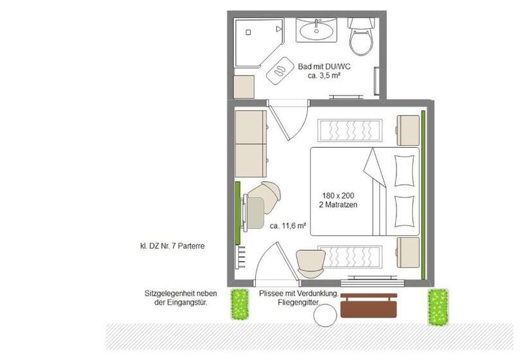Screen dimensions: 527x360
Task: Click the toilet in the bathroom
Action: (x=361, y=37)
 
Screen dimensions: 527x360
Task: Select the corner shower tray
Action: (x=259, y=42)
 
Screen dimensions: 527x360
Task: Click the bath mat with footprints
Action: (x=280, y=70)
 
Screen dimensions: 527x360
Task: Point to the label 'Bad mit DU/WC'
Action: (x=324, y=67)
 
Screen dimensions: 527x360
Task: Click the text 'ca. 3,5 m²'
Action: (x=324, y=76)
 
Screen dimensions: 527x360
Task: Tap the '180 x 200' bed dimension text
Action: (x=338, y=195)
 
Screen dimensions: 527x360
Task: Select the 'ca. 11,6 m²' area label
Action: (x=288, y=226)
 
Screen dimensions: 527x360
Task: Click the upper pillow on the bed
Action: (x=404, y=170)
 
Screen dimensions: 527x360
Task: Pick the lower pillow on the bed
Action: (x=404, y=212)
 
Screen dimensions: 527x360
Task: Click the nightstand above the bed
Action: (x=407, y=130)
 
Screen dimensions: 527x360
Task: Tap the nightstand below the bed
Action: (x=407, y=253)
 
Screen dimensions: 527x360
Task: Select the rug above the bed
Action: (x=350, y=130)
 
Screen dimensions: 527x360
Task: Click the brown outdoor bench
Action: (x=369, y=305)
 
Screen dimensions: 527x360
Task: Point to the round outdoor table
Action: (x=325, y=315)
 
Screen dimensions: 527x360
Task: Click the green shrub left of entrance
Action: (x=239, y=304)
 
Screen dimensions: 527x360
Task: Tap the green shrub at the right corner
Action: (x=438, y=307)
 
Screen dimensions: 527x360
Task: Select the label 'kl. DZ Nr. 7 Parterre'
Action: (x=172, y=246)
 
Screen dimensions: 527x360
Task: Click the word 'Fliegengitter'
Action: (x=298, y=303)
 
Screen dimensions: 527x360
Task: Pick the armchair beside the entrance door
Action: (x=311, y=264)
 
